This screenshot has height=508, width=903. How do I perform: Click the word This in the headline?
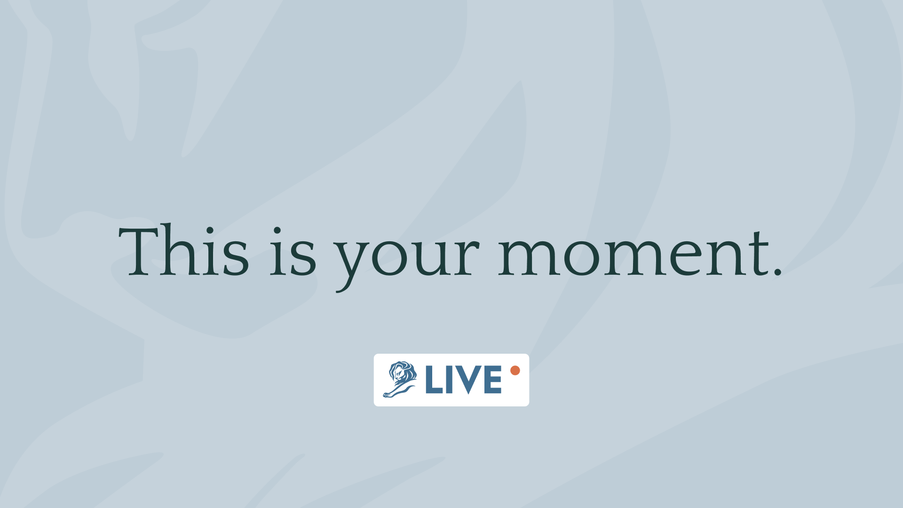click(x=183, y=250)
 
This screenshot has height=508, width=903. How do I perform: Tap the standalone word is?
click(x=293, y=251)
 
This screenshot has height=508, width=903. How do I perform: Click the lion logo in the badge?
click(x=400, y=380)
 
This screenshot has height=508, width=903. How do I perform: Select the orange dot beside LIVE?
click(x=515, y=370)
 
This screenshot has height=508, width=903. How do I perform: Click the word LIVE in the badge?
click(x=463, y=379)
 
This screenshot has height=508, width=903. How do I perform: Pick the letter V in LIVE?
click(x=469, y=380)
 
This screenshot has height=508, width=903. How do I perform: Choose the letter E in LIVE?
click(x=493, y=379)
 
